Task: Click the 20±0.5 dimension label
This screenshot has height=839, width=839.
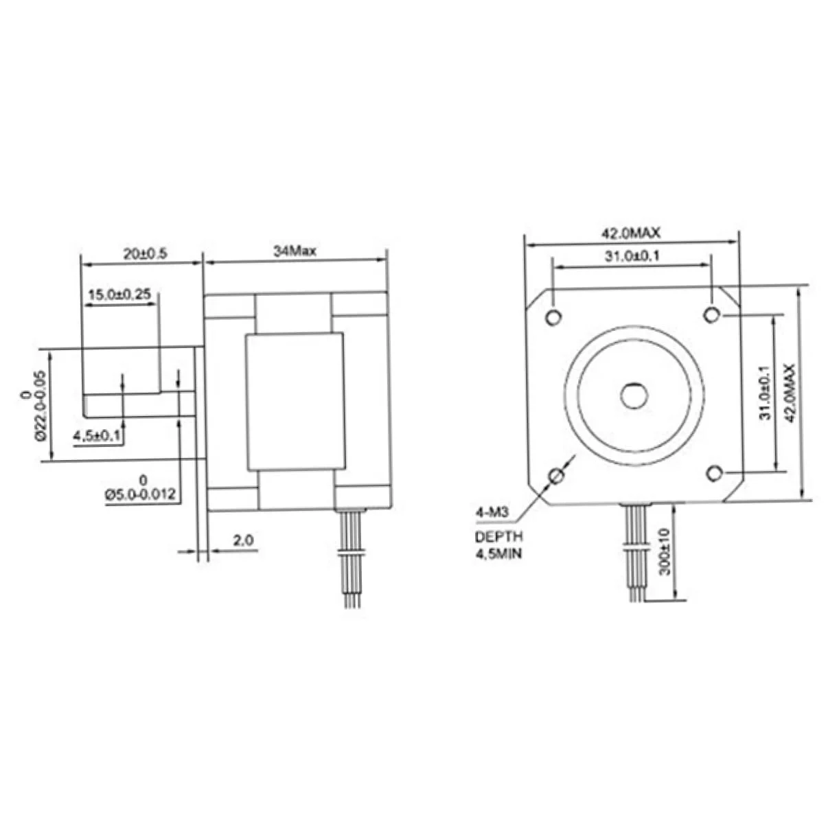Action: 145,253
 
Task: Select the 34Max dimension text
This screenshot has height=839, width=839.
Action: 295,251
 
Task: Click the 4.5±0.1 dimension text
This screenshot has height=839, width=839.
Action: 97,436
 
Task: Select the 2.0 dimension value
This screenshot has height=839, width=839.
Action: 243,541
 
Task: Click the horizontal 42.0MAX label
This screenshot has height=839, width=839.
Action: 631,233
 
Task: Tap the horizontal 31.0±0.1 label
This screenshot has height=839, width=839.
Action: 631,256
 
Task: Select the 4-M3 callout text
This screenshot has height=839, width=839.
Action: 491,512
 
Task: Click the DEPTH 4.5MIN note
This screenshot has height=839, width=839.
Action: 498,544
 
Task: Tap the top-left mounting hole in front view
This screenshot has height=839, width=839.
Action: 553,316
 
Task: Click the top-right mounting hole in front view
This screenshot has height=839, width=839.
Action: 712,314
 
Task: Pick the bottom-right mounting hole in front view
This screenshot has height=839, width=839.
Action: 714,473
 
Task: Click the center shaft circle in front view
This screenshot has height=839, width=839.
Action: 633,395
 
